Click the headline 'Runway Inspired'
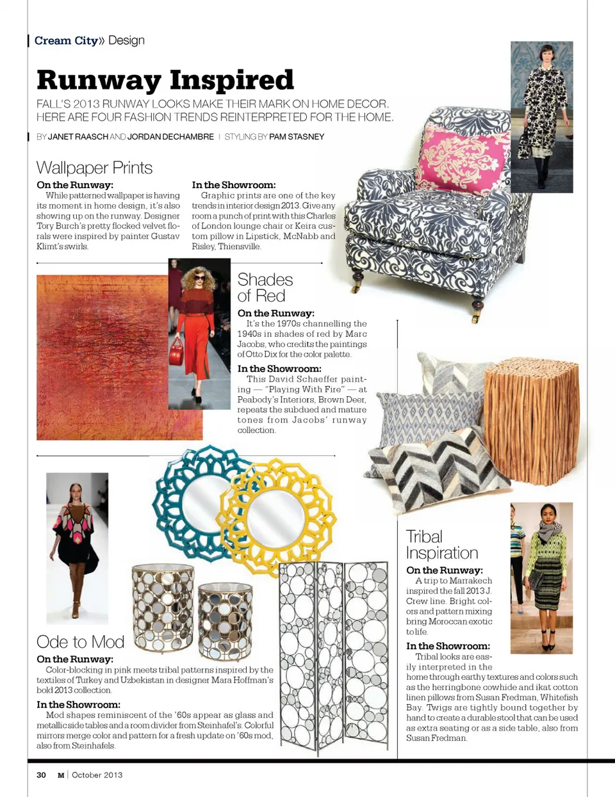coord(165,81)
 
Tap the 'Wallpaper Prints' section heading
coord(94,168)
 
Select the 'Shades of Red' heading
coord(265,287)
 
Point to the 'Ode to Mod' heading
coord(80,641)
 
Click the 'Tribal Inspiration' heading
coord(441,545)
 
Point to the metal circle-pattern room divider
coord(334,653)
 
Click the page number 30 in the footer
coord(41,775)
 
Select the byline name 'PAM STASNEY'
coord(297,136)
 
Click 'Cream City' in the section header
coord(66,40)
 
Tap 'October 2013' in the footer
coord(97,775)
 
